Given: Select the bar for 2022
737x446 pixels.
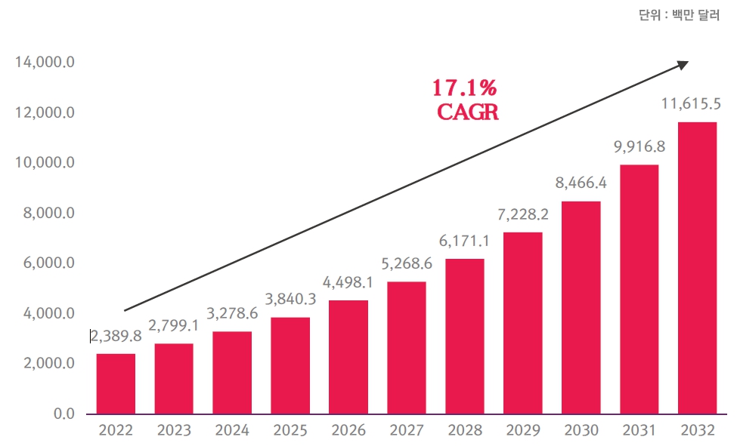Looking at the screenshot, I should pos(116,383).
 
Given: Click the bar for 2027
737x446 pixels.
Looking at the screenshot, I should pos(406,348).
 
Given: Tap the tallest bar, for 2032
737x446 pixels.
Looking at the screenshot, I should pos(697,268).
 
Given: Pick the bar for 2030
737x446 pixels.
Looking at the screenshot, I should pos(581,307).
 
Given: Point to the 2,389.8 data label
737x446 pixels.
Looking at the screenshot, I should pos(116,337).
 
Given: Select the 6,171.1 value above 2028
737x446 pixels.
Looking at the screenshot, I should pos(464,242).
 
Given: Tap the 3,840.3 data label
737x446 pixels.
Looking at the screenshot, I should pos(290,300).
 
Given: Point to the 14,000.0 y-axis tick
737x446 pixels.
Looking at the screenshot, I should pos(44,63).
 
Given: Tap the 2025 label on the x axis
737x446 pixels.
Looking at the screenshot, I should pos(290,431).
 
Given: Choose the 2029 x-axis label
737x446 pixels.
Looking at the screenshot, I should pos(522,431).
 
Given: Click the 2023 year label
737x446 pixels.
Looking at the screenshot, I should pos(174,431).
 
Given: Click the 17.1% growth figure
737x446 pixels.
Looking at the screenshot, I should pos(464,88).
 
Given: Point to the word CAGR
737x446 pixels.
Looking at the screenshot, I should pos(468,112).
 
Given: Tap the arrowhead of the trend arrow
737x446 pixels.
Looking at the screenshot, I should pos(683,64).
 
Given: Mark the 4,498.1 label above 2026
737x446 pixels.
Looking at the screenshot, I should pos(348,284).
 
